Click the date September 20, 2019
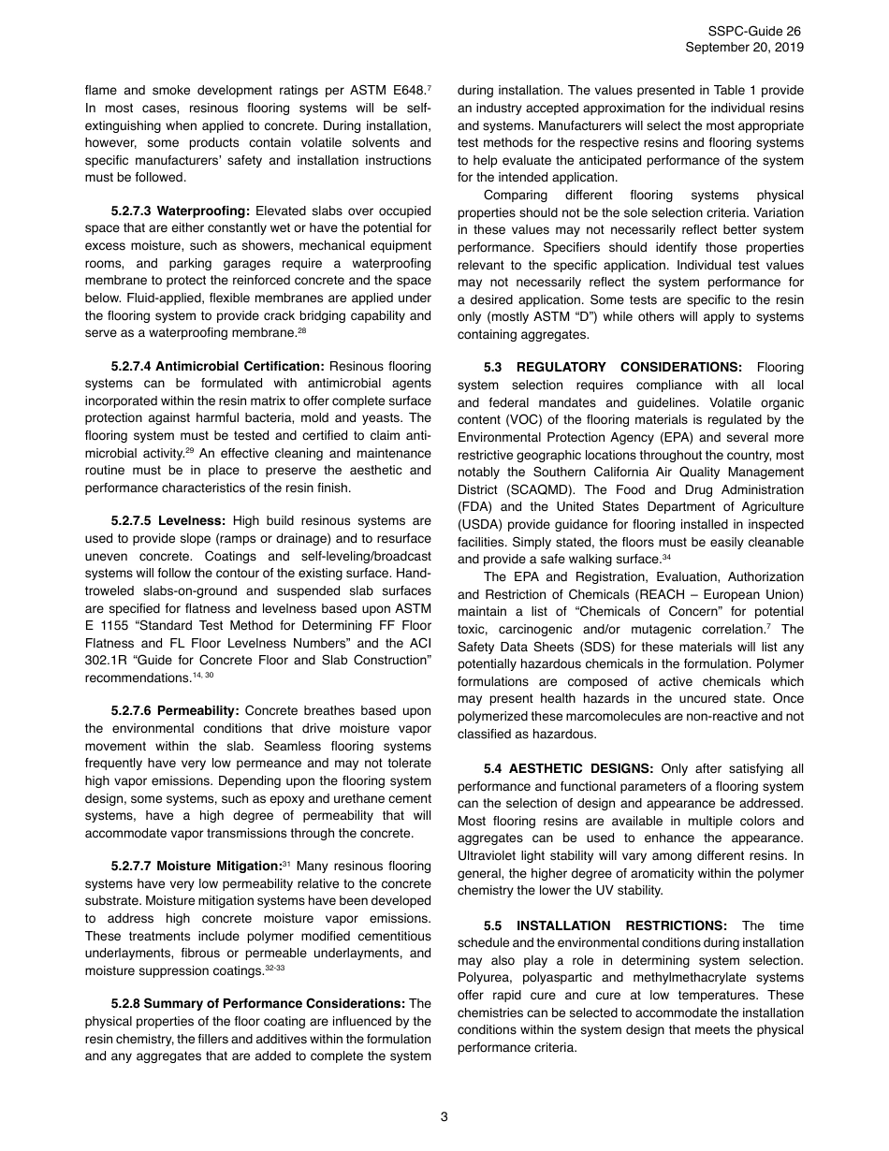click(744, 48)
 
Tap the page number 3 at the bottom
click(444, 1115)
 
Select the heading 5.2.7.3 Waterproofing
click(181, 210)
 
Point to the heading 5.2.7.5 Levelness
click(168, 521)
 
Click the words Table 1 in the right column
click(730, 91)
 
